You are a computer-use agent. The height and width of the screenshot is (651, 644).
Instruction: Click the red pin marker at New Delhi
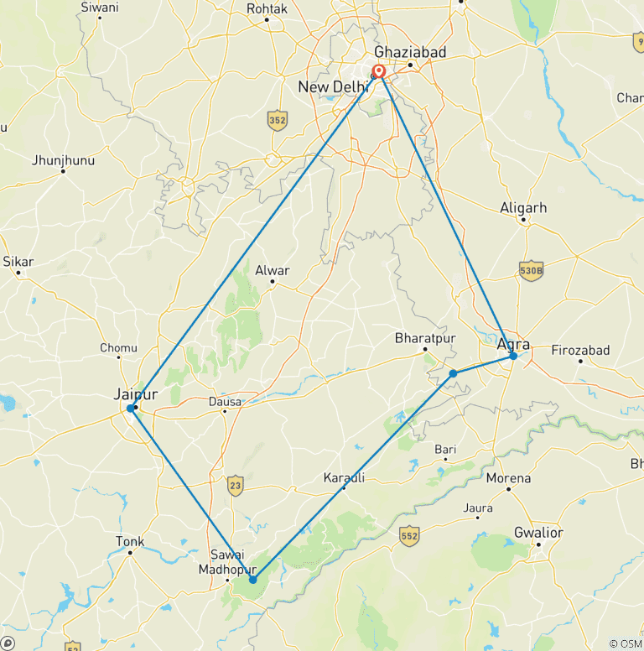379,72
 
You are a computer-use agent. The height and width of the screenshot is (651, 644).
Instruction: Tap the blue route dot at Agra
513,356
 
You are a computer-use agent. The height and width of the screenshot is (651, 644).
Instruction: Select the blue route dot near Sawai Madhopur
252,579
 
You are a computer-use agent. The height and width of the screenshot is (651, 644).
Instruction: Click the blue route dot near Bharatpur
453,372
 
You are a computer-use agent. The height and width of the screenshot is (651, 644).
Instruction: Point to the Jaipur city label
135,393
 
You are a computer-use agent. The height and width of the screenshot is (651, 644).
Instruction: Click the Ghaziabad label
410,52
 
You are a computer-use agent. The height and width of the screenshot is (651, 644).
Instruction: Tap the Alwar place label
272,270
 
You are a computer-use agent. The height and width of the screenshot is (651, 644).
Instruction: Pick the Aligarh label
522,208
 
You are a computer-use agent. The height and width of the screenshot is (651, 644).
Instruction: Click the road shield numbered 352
278,121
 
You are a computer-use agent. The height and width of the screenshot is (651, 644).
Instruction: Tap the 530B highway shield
531,270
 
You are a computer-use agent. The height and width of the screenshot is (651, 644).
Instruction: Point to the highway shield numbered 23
235,484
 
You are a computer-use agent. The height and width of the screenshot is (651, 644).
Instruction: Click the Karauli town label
344,477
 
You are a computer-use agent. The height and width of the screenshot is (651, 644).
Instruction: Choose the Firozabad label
580,350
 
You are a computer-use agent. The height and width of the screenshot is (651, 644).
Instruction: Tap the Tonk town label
130,541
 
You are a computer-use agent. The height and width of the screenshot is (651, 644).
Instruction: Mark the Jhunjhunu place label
63,160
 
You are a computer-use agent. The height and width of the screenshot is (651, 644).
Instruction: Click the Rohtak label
267,8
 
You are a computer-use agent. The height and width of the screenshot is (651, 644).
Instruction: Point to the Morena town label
508,478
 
